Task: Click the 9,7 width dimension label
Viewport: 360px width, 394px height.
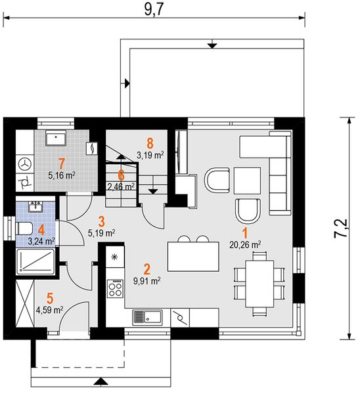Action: (154, 10)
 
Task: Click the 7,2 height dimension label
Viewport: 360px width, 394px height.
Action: (341, 229)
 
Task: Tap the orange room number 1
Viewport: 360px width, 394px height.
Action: (245, 232)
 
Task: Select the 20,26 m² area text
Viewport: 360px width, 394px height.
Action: (245, 244)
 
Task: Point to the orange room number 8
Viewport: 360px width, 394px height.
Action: (150, 143)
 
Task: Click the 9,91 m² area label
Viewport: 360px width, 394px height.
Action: (147, 280)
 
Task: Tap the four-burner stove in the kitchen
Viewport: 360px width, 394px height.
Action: (115, 289)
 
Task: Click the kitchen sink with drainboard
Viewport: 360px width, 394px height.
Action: (147, 317)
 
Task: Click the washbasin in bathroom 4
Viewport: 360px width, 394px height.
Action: (35, 207)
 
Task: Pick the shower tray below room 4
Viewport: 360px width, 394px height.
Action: (35, 261)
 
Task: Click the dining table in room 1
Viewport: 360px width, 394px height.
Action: (259, 284)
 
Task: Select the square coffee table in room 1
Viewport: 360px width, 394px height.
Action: (247, 181)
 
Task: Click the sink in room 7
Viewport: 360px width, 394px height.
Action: (56, 138)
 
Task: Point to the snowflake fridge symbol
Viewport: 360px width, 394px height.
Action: (115, 257)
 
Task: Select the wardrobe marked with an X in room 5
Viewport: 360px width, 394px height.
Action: (25, 303)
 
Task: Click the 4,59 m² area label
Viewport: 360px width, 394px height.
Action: (49, 310)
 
